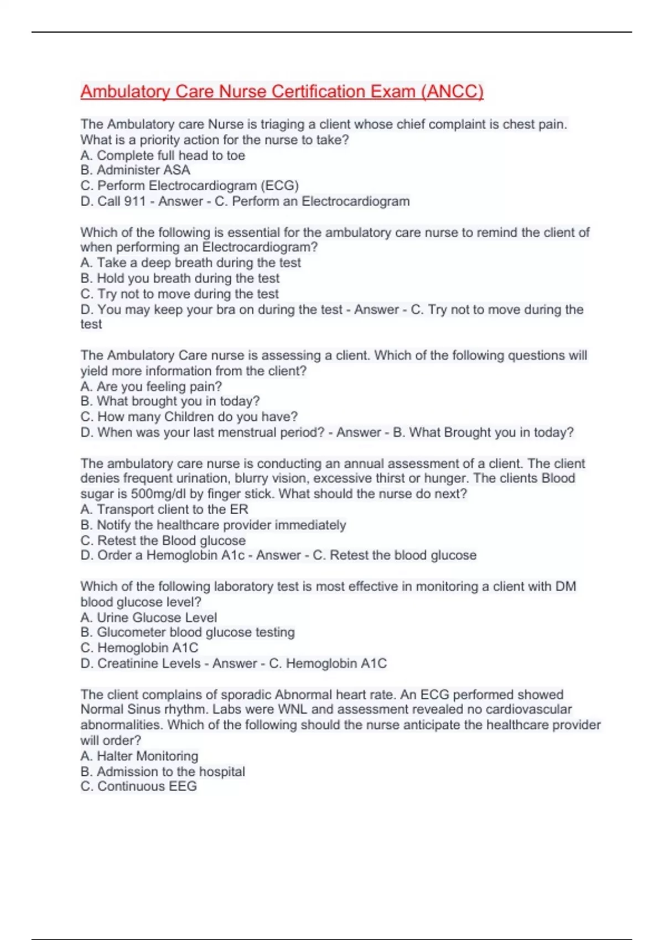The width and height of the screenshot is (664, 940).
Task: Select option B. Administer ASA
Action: click(x=135, y=170)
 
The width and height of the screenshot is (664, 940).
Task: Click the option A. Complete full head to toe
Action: click(x=163, y=155)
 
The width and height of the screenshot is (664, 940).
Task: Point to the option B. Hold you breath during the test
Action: click(x=180, y=278)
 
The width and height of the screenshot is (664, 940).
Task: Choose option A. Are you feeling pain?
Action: click(x=151, y=387)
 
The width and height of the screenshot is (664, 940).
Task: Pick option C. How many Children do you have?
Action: click(x=189, y=417)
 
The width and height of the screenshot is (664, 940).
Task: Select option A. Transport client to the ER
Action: click(x=164, y=509)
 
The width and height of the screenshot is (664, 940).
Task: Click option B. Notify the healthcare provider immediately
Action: click(x=213, y=525)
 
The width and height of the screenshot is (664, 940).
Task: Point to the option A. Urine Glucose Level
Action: click(x=148, y=618)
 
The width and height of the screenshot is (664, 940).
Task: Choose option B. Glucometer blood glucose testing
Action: click(x=187, y=633)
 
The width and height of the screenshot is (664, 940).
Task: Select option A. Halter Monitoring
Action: click(x=139, y=756)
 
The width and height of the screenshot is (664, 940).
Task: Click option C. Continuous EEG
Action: click(x=138, y=786)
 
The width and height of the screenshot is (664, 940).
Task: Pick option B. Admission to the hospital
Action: click(x=163, y=771)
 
